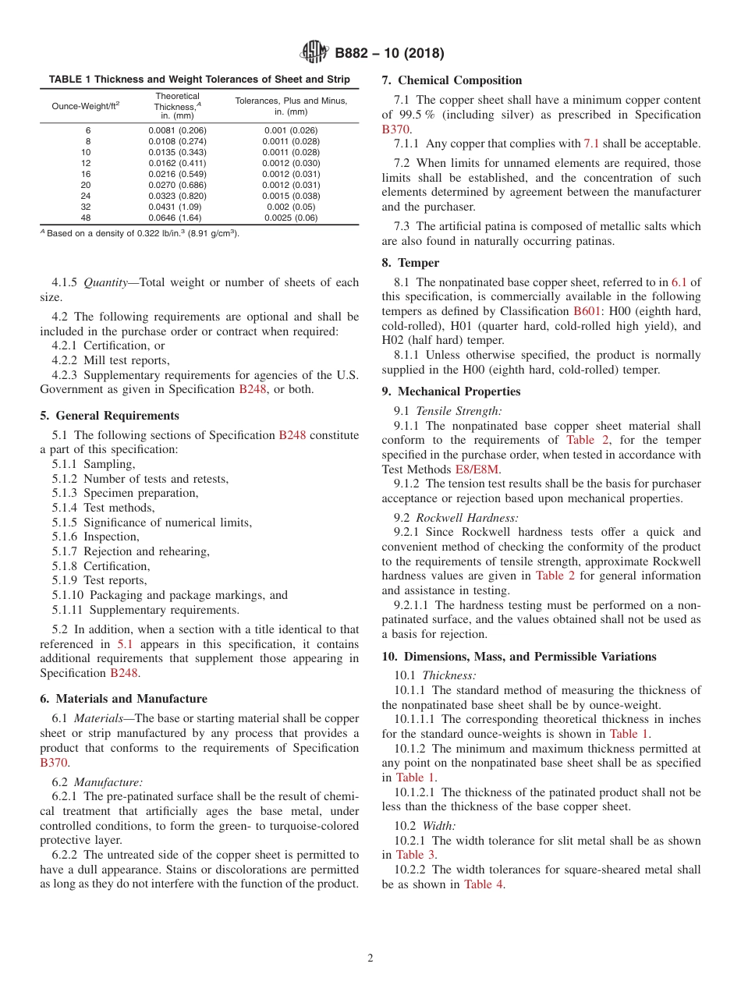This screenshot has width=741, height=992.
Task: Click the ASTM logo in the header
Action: [x=314, y=53]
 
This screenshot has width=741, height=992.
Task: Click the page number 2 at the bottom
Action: [x=370, y=958]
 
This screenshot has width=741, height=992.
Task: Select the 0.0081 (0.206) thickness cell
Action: [x=177, y=130]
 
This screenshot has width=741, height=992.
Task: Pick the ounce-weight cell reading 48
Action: [x=86, y=218]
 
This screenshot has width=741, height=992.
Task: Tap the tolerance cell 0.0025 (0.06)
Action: [x=291, y=218]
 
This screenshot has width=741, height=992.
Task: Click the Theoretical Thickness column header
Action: [x=177, y=106]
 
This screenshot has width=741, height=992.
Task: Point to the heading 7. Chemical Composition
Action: [x=452, y=80]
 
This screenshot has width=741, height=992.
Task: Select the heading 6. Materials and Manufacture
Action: [x=123, y=699]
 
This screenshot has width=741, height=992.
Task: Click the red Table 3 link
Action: [x=416, y=855]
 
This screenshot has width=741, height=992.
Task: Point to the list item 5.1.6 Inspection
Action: [x=96, y=537]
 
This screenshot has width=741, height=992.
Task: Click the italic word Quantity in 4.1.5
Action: [x=107, y=282]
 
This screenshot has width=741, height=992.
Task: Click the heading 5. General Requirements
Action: [x=109, y=416]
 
